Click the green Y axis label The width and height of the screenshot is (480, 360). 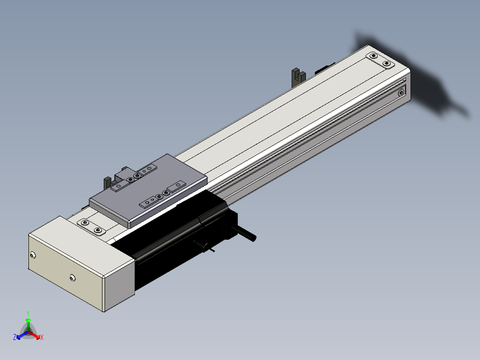coord(28,313)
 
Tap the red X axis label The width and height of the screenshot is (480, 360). coord(42,337)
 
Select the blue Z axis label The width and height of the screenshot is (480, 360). coord(15,337)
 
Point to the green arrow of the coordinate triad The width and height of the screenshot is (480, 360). coord(28,324)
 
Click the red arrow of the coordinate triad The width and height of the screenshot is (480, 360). coord(34,335)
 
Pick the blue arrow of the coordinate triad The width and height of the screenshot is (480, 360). coord(22,335)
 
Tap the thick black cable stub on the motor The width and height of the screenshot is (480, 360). coord(244,233)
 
